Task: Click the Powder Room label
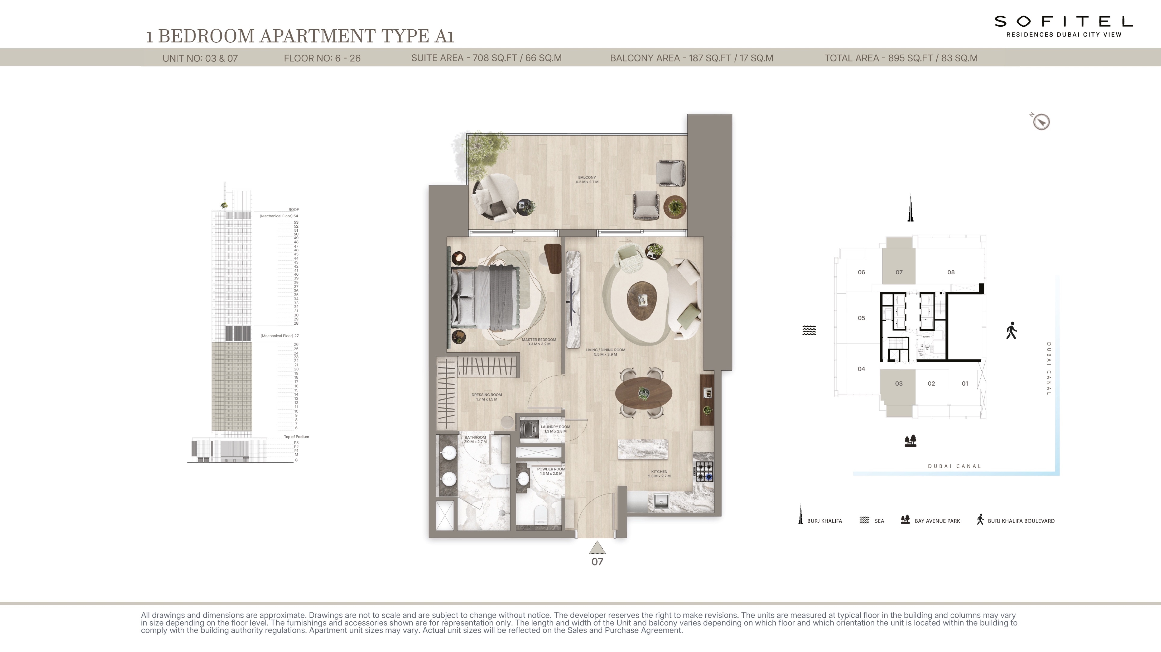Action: click(x=551, y=471)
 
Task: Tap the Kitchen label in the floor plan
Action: click(x=659, y=473)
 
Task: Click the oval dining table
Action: click(x=644, y=393)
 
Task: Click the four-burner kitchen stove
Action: click(x=704, y=471)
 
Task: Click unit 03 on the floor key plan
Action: click(x=899, y=383)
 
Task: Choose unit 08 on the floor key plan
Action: click(x=951, y=272)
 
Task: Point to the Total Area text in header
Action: click(x=900, y=58)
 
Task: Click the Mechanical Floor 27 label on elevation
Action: click(x=280, y=336)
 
